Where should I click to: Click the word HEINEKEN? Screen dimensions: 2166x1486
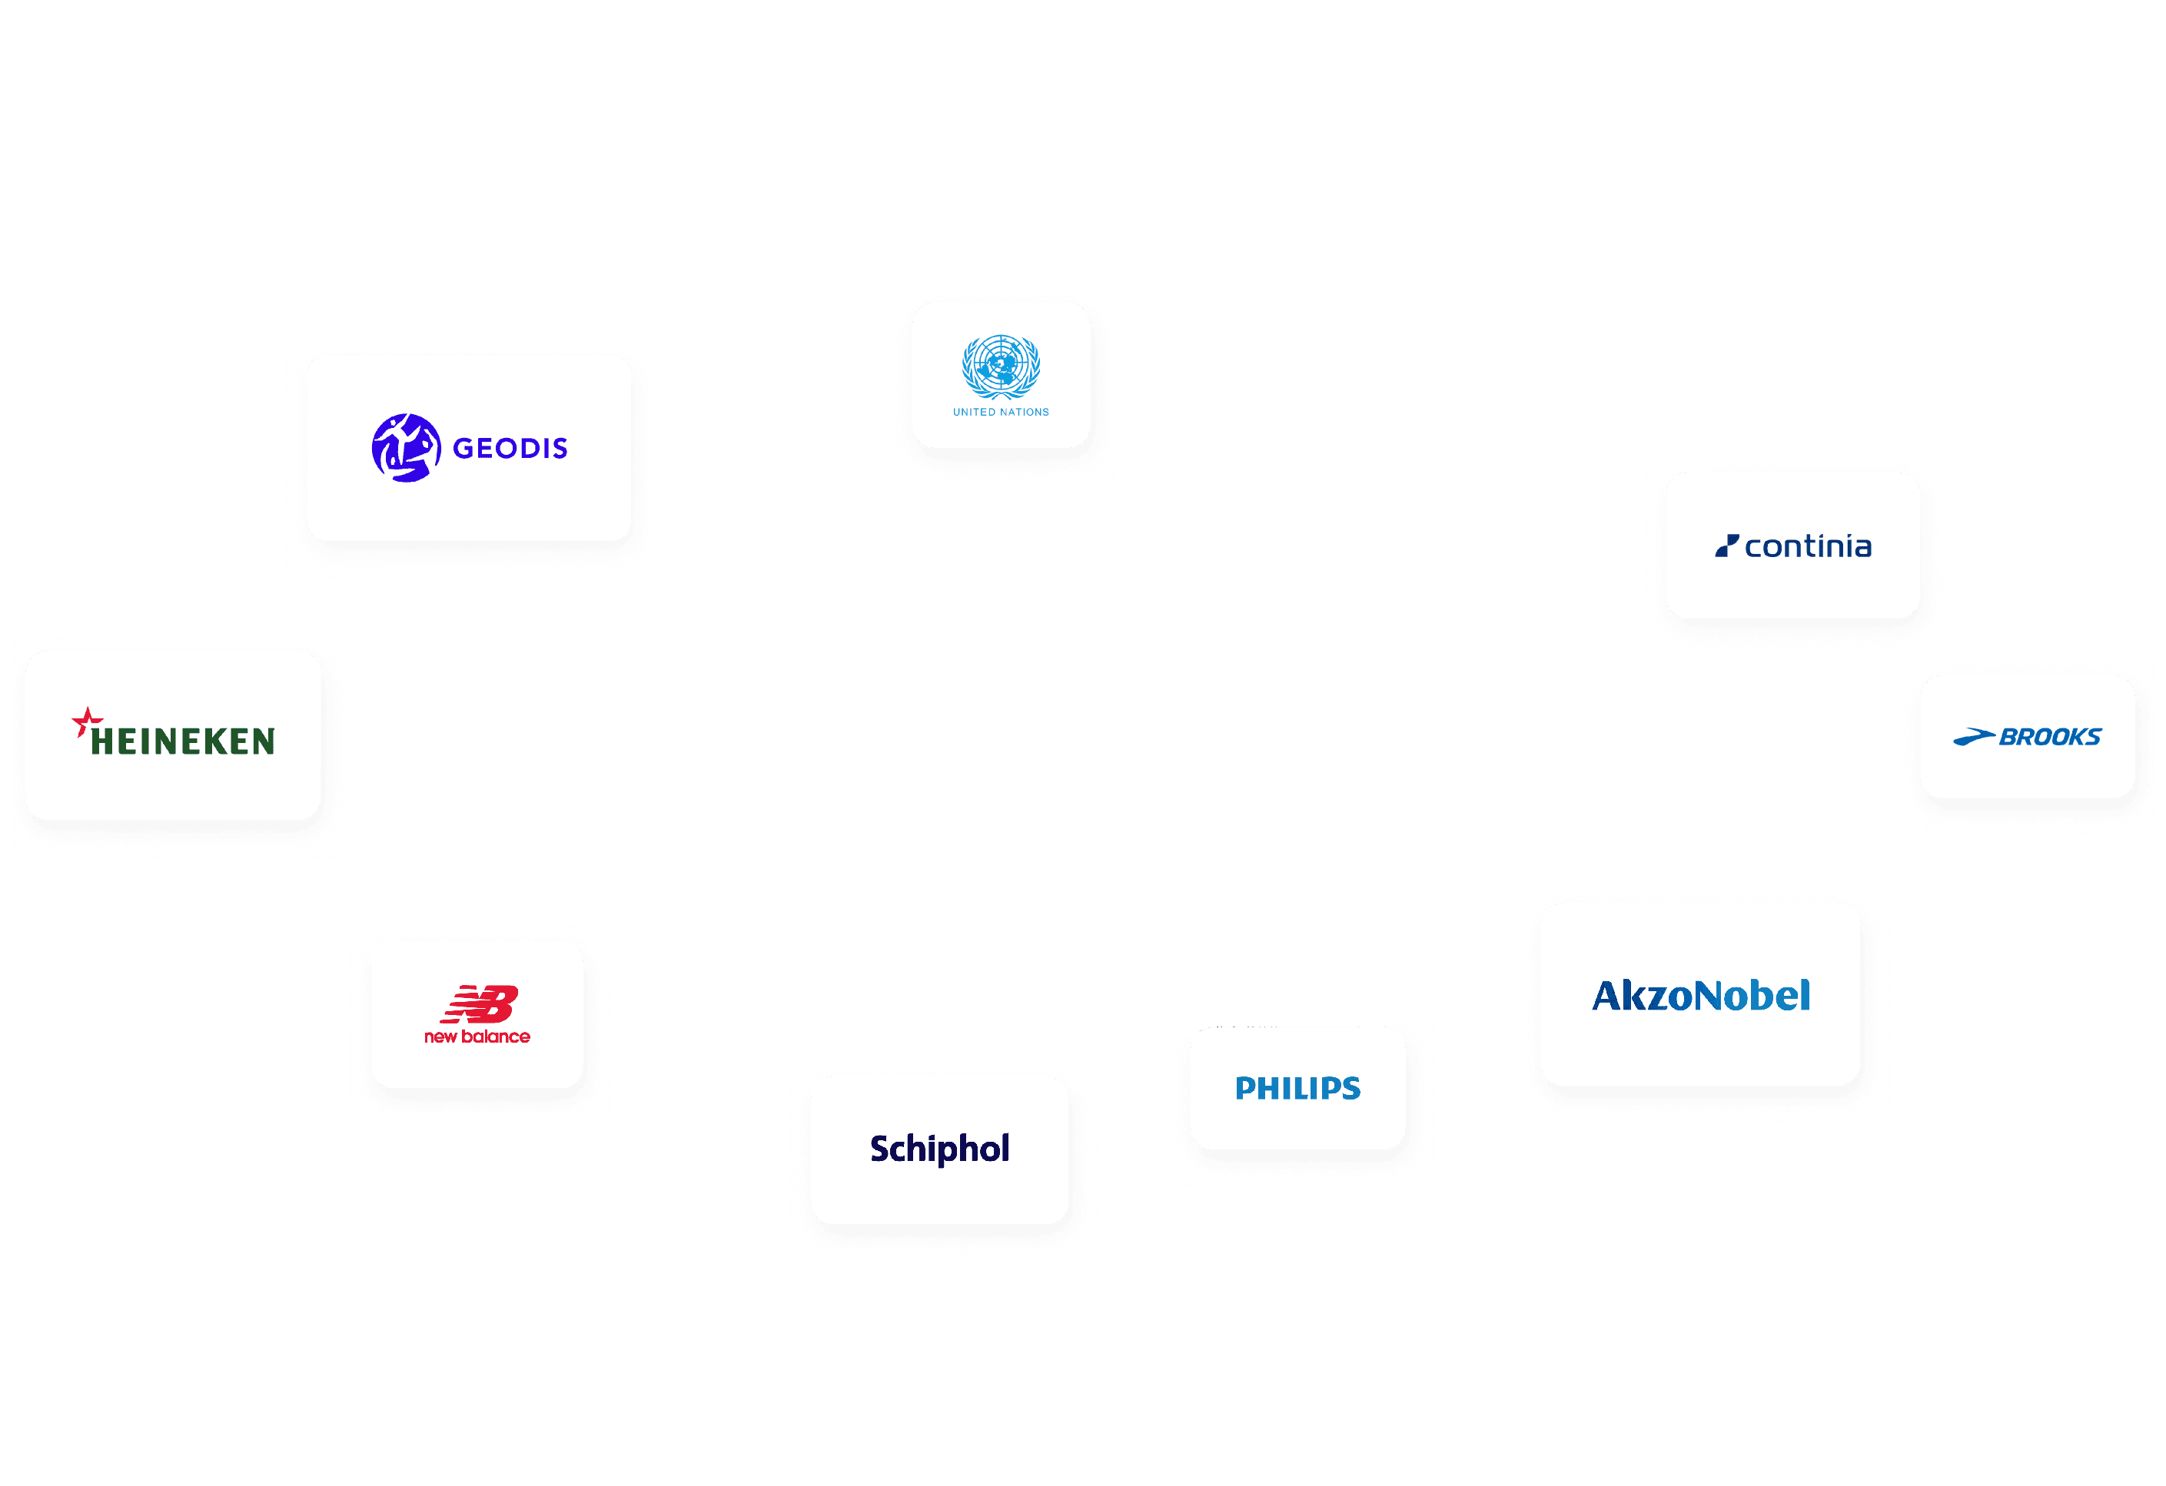(x=183, y=741)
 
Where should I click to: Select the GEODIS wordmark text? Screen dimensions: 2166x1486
(x=510, y=449)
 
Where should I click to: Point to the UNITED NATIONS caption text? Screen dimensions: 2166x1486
(x=1001, y=412)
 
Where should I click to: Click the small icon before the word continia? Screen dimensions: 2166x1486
(x=1727, y=546)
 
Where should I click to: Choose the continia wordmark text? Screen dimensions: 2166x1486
(x=1808, y=547)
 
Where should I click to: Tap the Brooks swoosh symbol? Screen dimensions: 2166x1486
(x=1973, y=738)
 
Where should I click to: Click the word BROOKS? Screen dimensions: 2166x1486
(x=2051, y=737)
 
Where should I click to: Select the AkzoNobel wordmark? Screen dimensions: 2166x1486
(x=1701, y=996)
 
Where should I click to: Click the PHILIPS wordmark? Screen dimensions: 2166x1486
(x=1297, y=1088)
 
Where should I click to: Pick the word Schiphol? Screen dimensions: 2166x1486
(x=939, y=1149)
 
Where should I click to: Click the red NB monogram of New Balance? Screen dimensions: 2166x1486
(x=480, y=1003)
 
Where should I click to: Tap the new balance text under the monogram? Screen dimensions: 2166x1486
(x=477, y=1037)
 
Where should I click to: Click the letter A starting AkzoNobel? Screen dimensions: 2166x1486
(x=1609, y=996)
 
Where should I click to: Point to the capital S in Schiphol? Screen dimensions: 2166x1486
(x=881, y=1149)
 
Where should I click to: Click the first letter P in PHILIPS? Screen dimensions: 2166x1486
(x=1246, y=1088)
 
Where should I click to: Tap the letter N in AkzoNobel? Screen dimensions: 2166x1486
(x=1710, y=996)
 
